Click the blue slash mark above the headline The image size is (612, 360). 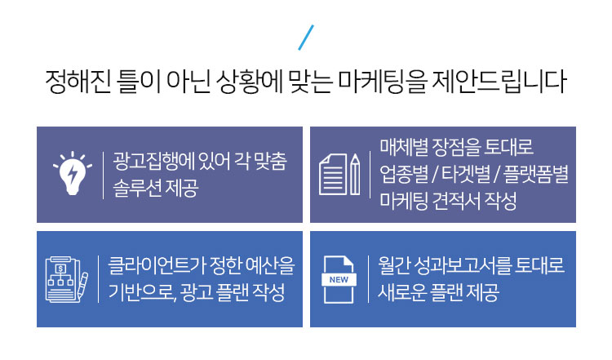point(306,38)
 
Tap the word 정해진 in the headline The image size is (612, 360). point(78,81)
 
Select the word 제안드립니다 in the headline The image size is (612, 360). point(499,81)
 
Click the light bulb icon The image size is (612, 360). point(73,173)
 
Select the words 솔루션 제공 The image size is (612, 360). point(156,189)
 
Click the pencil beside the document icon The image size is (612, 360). point(355,174)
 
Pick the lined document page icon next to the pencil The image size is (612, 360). point(333,174)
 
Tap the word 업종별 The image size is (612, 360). point(404,174)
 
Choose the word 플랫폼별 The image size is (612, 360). point(536,174)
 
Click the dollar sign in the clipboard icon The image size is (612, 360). point(60,269)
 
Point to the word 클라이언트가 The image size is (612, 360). point(157,265)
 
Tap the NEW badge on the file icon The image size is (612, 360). point(339,279)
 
